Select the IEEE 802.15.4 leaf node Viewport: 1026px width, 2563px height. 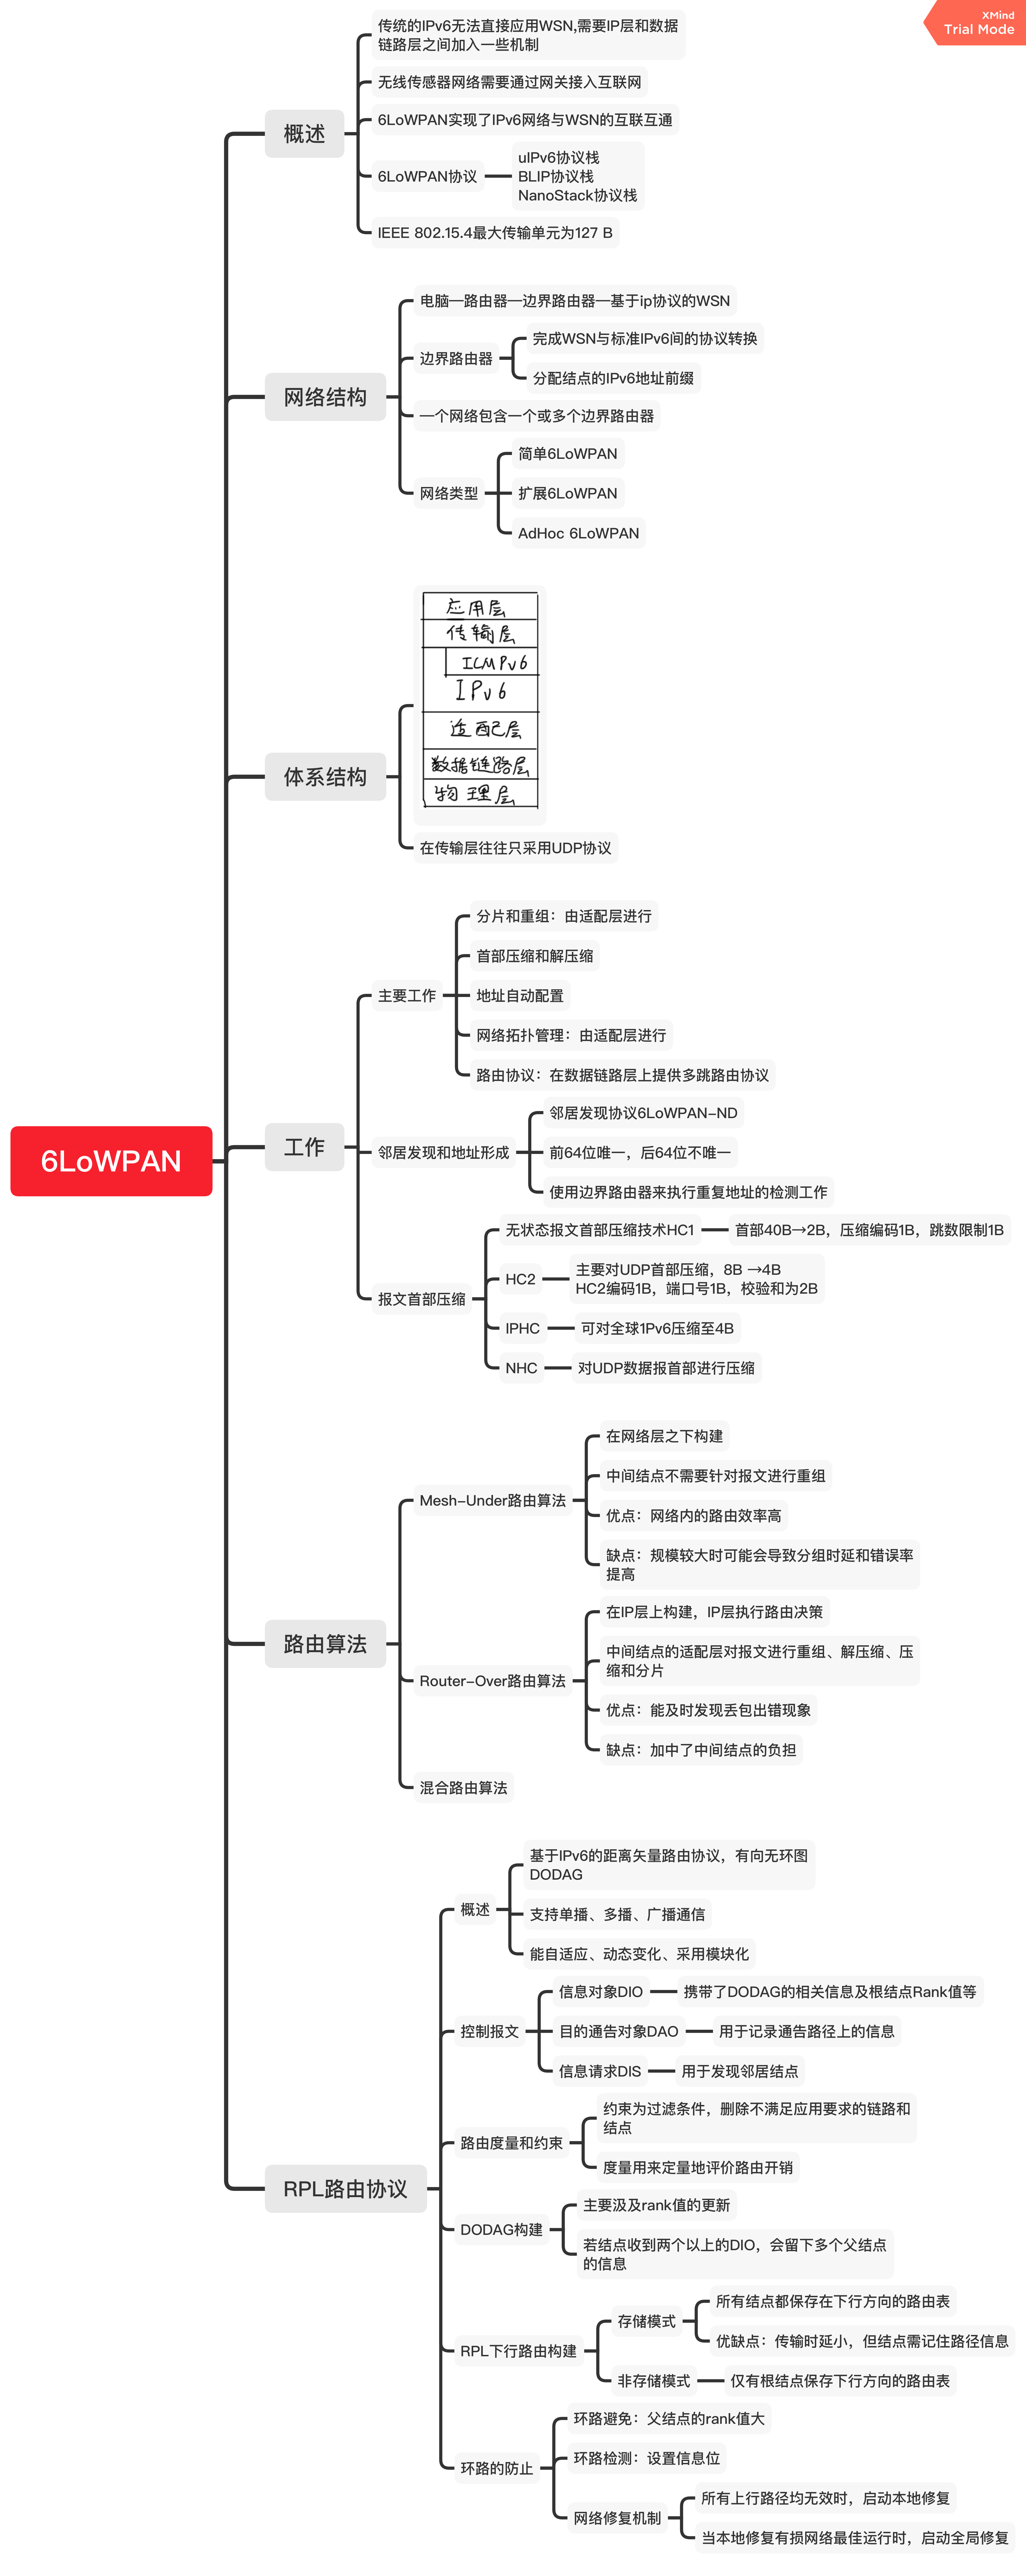495,233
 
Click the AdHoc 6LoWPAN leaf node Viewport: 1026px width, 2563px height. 578,533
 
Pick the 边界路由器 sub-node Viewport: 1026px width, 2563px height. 456,358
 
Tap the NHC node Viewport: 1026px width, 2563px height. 520,1368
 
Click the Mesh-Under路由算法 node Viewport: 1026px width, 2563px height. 492,1500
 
